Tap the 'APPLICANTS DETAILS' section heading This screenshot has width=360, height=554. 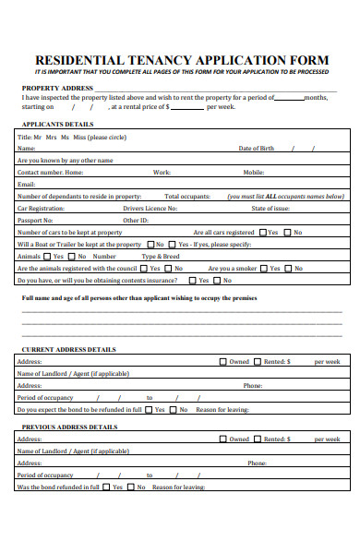[57, 124]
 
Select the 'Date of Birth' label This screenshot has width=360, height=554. [256, 148]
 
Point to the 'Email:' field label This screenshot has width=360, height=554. [26, 184]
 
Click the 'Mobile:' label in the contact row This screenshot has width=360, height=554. [254, 172]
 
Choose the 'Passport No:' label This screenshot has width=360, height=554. [37, 221]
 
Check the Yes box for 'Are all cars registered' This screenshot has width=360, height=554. [262, 233]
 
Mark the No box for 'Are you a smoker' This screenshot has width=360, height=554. [289, 269]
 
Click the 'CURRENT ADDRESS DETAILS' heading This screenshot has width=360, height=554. [69, 349]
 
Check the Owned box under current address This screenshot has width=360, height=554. [222, 362]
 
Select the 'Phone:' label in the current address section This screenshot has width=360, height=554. [253, 386]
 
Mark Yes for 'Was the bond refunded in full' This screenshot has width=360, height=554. [106, 487]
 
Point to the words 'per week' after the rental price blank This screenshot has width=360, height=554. [221, 107]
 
